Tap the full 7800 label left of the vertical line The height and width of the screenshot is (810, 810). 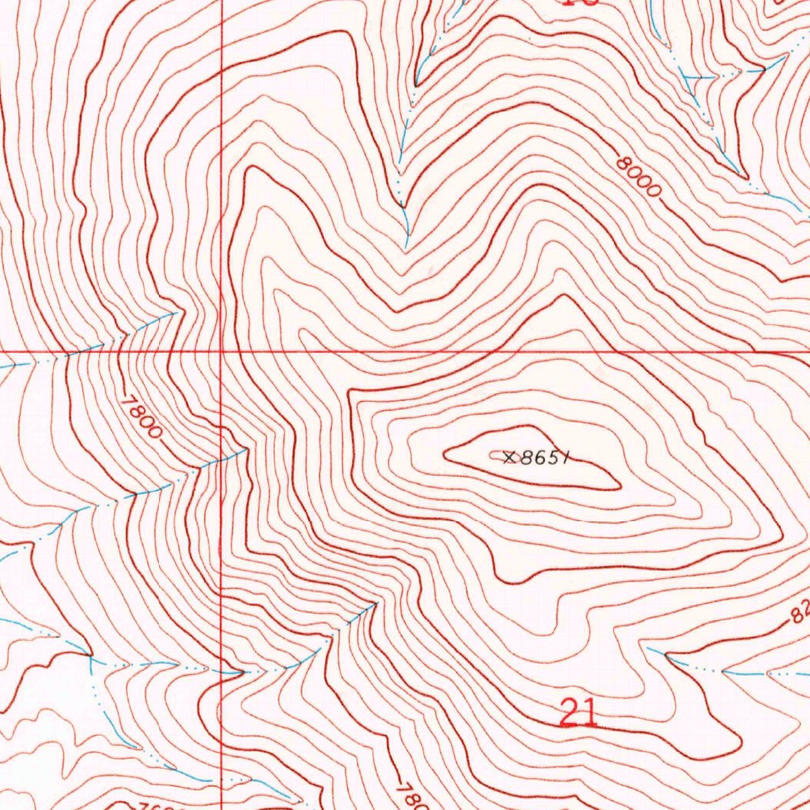pos(142,416)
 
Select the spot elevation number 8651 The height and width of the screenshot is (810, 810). pos(545,457)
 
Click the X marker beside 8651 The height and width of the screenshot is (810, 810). pos(509,456)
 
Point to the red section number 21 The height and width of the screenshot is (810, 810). pos(578,713)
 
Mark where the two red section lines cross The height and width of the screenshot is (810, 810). pos(221,350)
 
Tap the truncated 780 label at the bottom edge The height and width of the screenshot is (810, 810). pos(407,796)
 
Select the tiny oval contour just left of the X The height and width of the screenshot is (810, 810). pos(498,455)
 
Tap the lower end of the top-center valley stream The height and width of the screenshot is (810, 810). pos(407,245)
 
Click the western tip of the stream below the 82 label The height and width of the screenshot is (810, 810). pos(649,648)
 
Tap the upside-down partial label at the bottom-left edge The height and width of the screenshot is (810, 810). pos(166,805)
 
